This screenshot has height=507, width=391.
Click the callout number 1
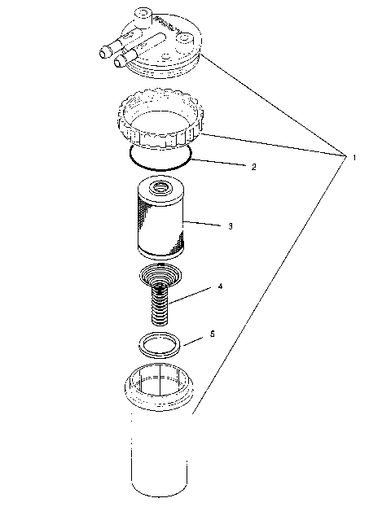[x=354, y=157]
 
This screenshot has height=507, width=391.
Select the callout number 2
[x=253, y=167]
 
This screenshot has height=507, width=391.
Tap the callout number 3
[x=231, y=225]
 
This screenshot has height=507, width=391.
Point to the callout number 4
[x=220, y=286]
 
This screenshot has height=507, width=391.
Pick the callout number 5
[x=212, y=334]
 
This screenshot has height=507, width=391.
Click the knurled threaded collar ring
[x=160, y=118]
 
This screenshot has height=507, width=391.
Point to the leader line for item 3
[x=206, y=222]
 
